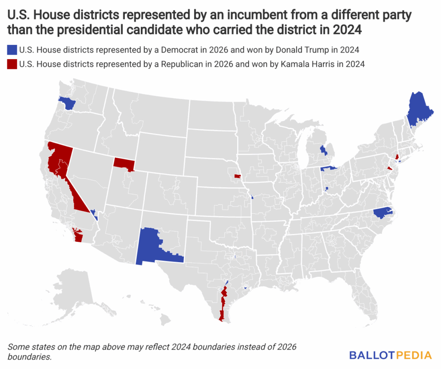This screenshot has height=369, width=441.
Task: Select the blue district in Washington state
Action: click(x=67, y=103)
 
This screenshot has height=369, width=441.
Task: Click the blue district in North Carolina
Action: click(x=383, y=213)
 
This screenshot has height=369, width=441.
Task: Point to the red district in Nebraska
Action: click(x=236, y=176)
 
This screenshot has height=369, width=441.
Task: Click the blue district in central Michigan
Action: click(x=323, y=150)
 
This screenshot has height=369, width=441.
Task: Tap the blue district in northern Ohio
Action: click(x=329, y=168)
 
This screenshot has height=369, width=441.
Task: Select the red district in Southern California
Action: click(x=78, y=235)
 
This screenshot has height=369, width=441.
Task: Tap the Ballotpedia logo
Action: click(x=390, y=355)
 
